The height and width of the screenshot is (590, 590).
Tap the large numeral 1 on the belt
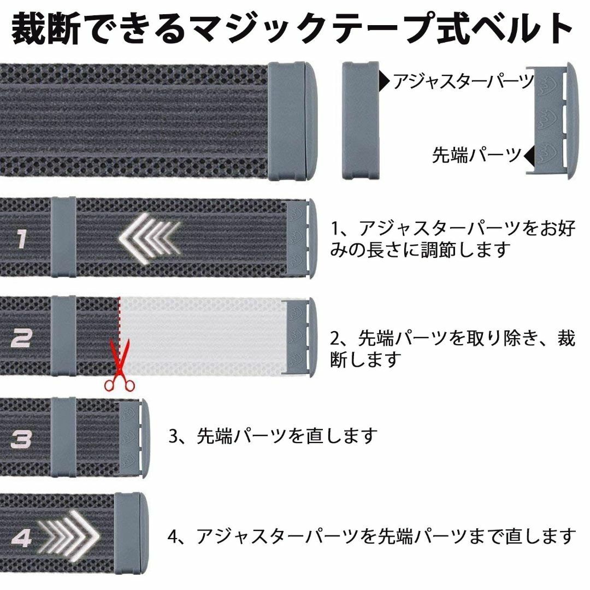click(x=22, y=239)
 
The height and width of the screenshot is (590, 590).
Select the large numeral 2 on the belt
click(x=21, y=338)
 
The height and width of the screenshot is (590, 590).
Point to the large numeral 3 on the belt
click(x=21, y=439)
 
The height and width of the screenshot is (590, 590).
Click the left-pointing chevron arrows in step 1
click(x=149, y=238)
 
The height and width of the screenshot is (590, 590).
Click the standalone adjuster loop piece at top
click(x=360, y=120)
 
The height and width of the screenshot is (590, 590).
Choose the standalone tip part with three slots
click(x=552, y=120)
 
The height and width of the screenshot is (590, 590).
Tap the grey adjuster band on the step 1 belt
click(x=63, y=237)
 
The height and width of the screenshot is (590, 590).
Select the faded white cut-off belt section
click(x=204, y=336)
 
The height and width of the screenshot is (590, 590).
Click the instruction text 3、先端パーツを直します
click(x=273, y=436)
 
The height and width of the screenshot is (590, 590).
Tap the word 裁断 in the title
click(x=46, y=28)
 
